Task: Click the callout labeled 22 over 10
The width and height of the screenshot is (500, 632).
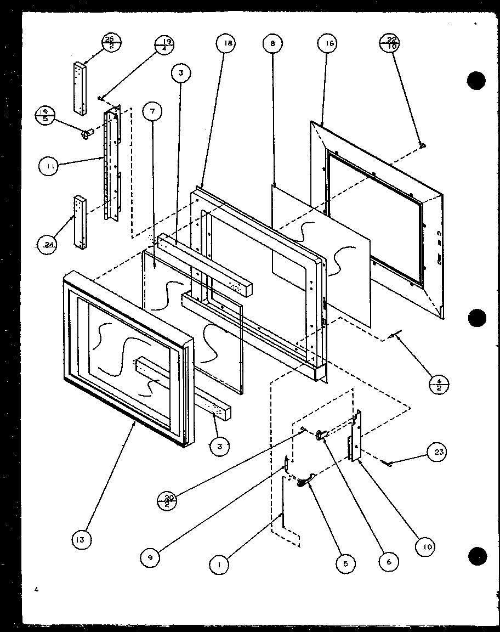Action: coord(389,43)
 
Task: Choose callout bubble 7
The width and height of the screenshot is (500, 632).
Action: coord(152,112)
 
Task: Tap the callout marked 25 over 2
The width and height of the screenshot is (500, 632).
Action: coord(111,43)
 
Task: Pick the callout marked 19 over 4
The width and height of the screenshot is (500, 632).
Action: coord(165,44)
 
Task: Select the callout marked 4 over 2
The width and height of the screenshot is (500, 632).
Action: coord(438,383)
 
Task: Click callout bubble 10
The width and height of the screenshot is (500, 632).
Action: coord(424,546)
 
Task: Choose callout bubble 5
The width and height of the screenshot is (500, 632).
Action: coord(346,563)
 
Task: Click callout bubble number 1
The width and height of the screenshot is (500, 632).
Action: coord(220,563)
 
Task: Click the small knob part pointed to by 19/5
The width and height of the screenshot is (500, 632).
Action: coord(86,134)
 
